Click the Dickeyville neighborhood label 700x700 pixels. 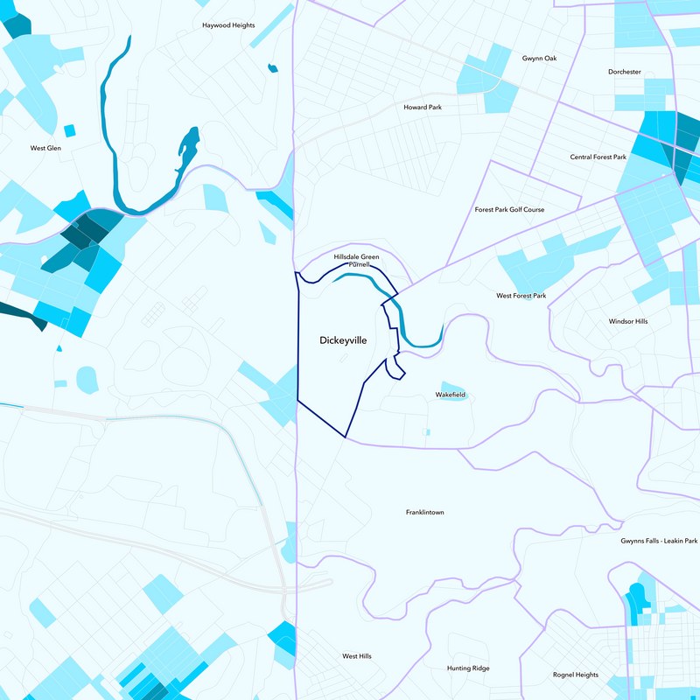[x=342, y=339]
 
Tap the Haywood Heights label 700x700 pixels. [x=228, y=25]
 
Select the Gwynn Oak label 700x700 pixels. [x=539, y=59]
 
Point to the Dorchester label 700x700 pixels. [x=625, y=72]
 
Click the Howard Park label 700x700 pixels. [x=423, y=107]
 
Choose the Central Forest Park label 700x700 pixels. [x=598, y=157]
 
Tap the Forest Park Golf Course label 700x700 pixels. [x=509, y=210]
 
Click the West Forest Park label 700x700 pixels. [x=521, y=296]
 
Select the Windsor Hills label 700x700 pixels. [x=628, y=321]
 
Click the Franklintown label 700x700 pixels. [x=424, y=512]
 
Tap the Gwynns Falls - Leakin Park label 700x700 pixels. [x=660, y=542]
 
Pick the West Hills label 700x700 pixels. [x=357, y=655]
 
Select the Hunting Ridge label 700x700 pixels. [x=468, y=668]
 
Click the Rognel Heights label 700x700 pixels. [x=576, y=675]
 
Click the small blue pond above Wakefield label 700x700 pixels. [x=453, y=386]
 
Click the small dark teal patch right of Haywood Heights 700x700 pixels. [x=272, y=66]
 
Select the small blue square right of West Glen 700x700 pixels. [x=70, y=131]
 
